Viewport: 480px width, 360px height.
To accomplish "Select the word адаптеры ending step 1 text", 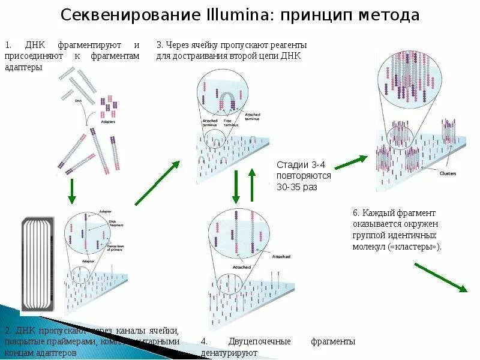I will [23, 67].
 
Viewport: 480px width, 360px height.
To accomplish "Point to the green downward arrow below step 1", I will [71, 191].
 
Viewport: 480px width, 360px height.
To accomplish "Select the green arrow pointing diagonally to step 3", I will [158, 183].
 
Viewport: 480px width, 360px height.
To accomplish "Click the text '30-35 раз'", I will [296, 187].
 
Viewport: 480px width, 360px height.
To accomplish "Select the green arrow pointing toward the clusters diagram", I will [350, 162].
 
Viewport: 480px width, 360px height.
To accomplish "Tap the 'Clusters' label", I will [448, 174].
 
